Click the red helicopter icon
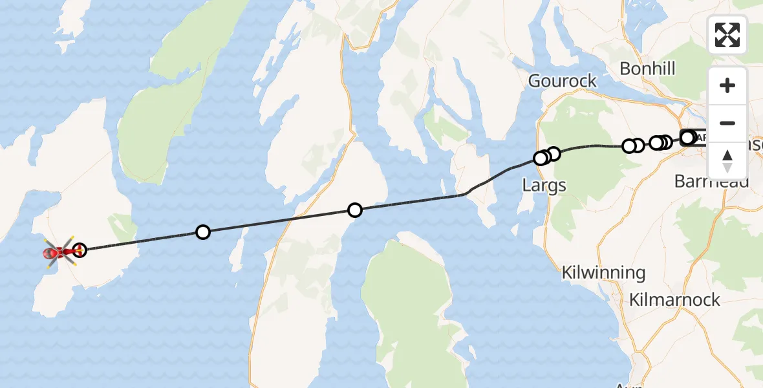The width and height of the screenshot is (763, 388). tap(59, 252)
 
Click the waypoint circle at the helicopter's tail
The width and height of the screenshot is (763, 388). tap(80, 250)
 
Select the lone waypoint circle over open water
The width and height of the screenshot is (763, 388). tap(203, 232)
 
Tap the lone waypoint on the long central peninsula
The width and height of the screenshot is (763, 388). tap(354, 210)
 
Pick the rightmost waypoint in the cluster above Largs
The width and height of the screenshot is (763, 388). tap(553, 154)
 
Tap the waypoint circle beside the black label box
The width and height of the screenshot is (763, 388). tap(687, 137)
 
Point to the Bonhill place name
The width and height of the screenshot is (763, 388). tap(647, 69)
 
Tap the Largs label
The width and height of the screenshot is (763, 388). tap(544, 186)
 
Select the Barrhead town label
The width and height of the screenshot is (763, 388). tap(711, 182)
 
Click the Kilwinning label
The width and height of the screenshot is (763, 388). tap(603, 273)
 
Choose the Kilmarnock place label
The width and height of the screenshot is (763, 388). tap(675, 300)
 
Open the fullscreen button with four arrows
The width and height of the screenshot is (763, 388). tap(727, 35)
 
